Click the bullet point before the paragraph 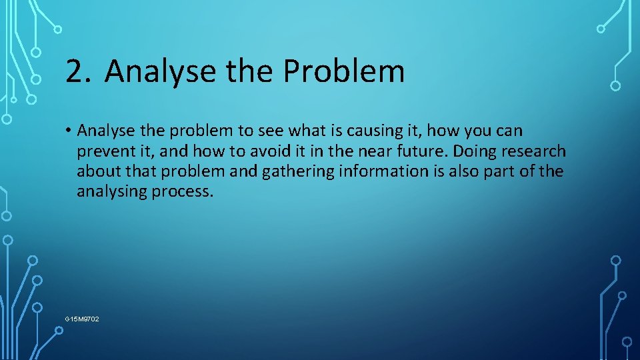[x=69, y=131]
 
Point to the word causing [x=371, y=131]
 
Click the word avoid [x=271, y=151]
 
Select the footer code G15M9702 [x=82, y=319]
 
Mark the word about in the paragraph [x=98, y=171]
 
